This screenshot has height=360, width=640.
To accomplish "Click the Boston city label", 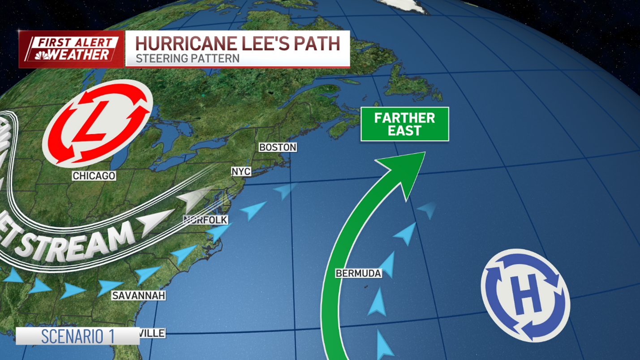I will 278,147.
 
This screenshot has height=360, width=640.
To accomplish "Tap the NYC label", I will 241,171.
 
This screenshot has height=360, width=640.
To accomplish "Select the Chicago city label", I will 94,176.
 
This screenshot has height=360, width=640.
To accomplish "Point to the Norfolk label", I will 206,220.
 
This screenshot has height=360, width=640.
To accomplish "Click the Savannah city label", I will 138,296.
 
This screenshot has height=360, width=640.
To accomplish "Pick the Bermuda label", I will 358,273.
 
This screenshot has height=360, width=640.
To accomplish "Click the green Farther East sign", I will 405,124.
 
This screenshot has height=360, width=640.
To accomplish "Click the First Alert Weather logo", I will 72,49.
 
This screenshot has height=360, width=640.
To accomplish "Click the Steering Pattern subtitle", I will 187,59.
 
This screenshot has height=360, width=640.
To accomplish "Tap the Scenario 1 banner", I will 77,336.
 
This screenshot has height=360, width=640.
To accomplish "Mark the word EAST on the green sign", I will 405,131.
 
